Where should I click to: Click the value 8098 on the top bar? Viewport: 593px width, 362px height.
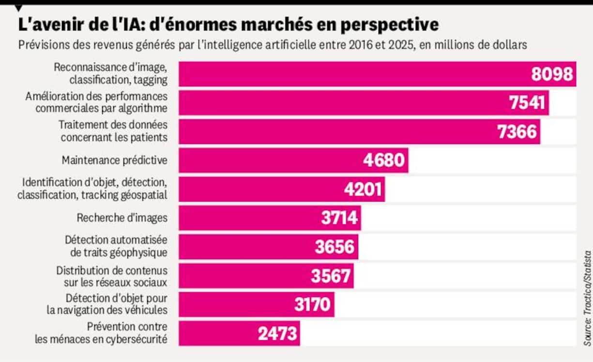[551, 74]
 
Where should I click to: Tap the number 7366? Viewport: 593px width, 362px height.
[517, 131]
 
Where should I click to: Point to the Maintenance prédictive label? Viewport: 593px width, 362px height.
[115, 160]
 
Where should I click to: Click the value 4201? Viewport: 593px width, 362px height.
[363, 189]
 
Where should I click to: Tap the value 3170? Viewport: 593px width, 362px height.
[313, 304]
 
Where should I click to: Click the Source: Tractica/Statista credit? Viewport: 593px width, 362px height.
[587, 297]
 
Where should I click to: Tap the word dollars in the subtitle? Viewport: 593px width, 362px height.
[510, 45]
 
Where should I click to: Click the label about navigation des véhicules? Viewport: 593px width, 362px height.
[107, 310]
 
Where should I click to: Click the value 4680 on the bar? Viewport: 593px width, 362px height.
[384, 160]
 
